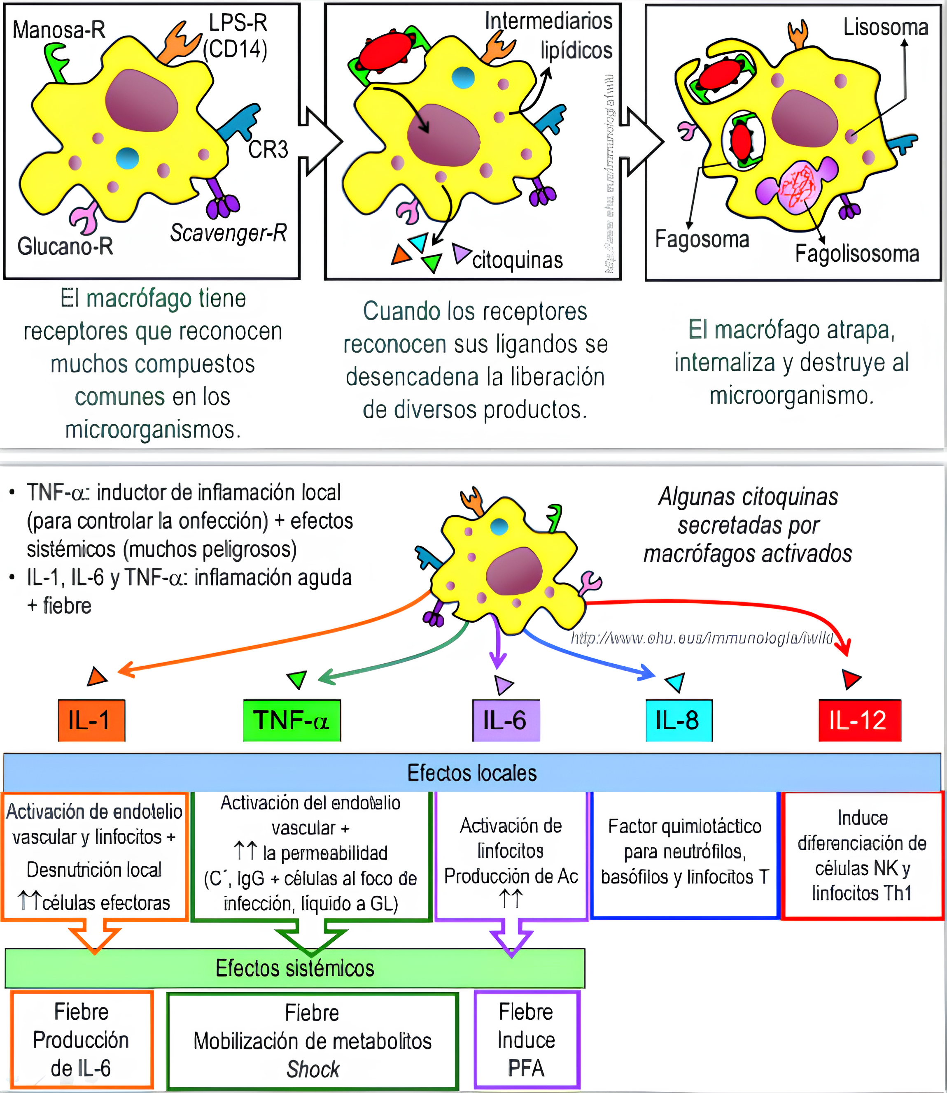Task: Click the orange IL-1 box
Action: click(x=91, y=720)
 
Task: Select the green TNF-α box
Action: click(x=292, y=720)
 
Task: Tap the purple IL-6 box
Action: click(x=506, y=720)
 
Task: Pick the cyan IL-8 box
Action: click(x=679, y=720)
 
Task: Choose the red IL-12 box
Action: click(x=859, y=720)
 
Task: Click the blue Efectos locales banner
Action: click(x=472, y=773)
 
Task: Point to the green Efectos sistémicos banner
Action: click(x=294, y=968)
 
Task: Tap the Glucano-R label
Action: click(x=65, y=246)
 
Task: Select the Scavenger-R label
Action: click(x=228, y=233)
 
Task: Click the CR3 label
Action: click(x=268, y=149)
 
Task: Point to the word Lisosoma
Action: click(x=885, y=27)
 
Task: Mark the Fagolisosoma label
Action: click(x=857, y=254)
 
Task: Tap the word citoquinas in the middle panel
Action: click(x=518, y=260)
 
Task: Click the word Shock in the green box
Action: click(x=313, y=1069)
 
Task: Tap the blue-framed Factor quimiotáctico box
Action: click(x=684, y=854)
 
